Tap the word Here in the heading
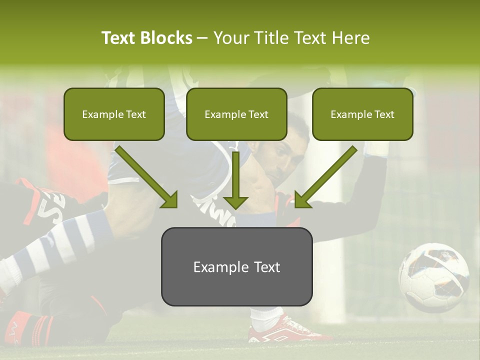coord(350,38)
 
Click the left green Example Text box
coord(114,114)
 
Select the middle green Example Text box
coord(236,114)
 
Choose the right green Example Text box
coord(362,114)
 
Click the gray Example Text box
coord(236,266)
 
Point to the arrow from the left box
coord(147,177)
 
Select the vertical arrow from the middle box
coord(235,180)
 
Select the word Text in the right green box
coord(384,114)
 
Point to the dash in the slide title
coord(202,38)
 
